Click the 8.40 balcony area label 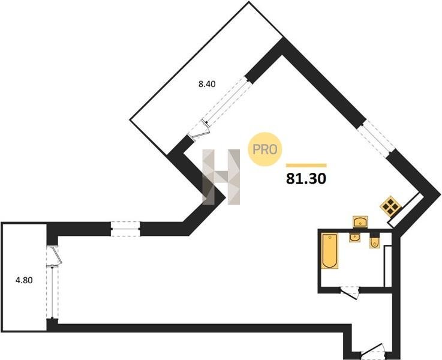(207, 84)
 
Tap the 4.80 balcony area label (24, 280)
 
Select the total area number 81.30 (306, 178)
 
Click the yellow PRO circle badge (264, 149)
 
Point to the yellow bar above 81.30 (306, 166)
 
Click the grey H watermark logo (221, 177)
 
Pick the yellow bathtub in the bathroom (330, 251)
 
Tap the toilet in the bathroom (375, 242)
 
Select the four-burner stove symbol (390, 206)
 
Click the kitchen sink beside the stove (360, 221)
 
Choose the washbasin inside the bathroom (354, 237)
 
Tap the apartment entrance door (373, 351)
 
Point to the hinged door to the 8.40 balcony (199, 131)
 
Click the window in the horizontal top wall (125, 229)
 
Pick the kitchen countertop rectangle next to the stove (405, 209)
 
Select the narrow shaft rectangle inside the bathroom (388, 266)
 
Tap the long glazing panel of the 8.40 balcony (227, 101)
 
